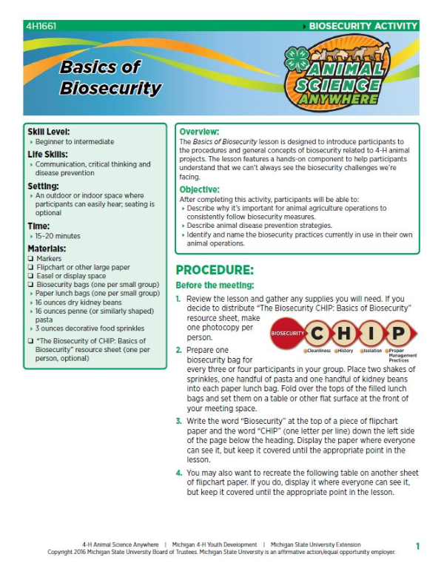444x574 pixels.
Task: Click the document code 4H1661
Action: click(x=40, y=26)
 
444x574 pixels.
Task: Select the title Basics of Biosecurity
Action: click(x=110, y=78)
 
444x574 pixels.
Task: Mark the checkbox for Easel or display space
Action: click(x=30, y=276)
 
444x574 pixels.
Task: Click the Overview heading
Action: click(x=199, y=131)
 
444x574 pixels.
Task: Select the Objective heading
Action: click(x=201, y=189)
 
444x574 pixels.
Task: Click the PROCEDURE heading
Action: click(x=215, y=269)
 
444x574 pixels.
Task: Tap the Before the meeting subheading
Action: click(x=214, y=286)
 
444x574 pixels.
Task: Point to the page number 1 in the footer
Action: click(x=417, y=546)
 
